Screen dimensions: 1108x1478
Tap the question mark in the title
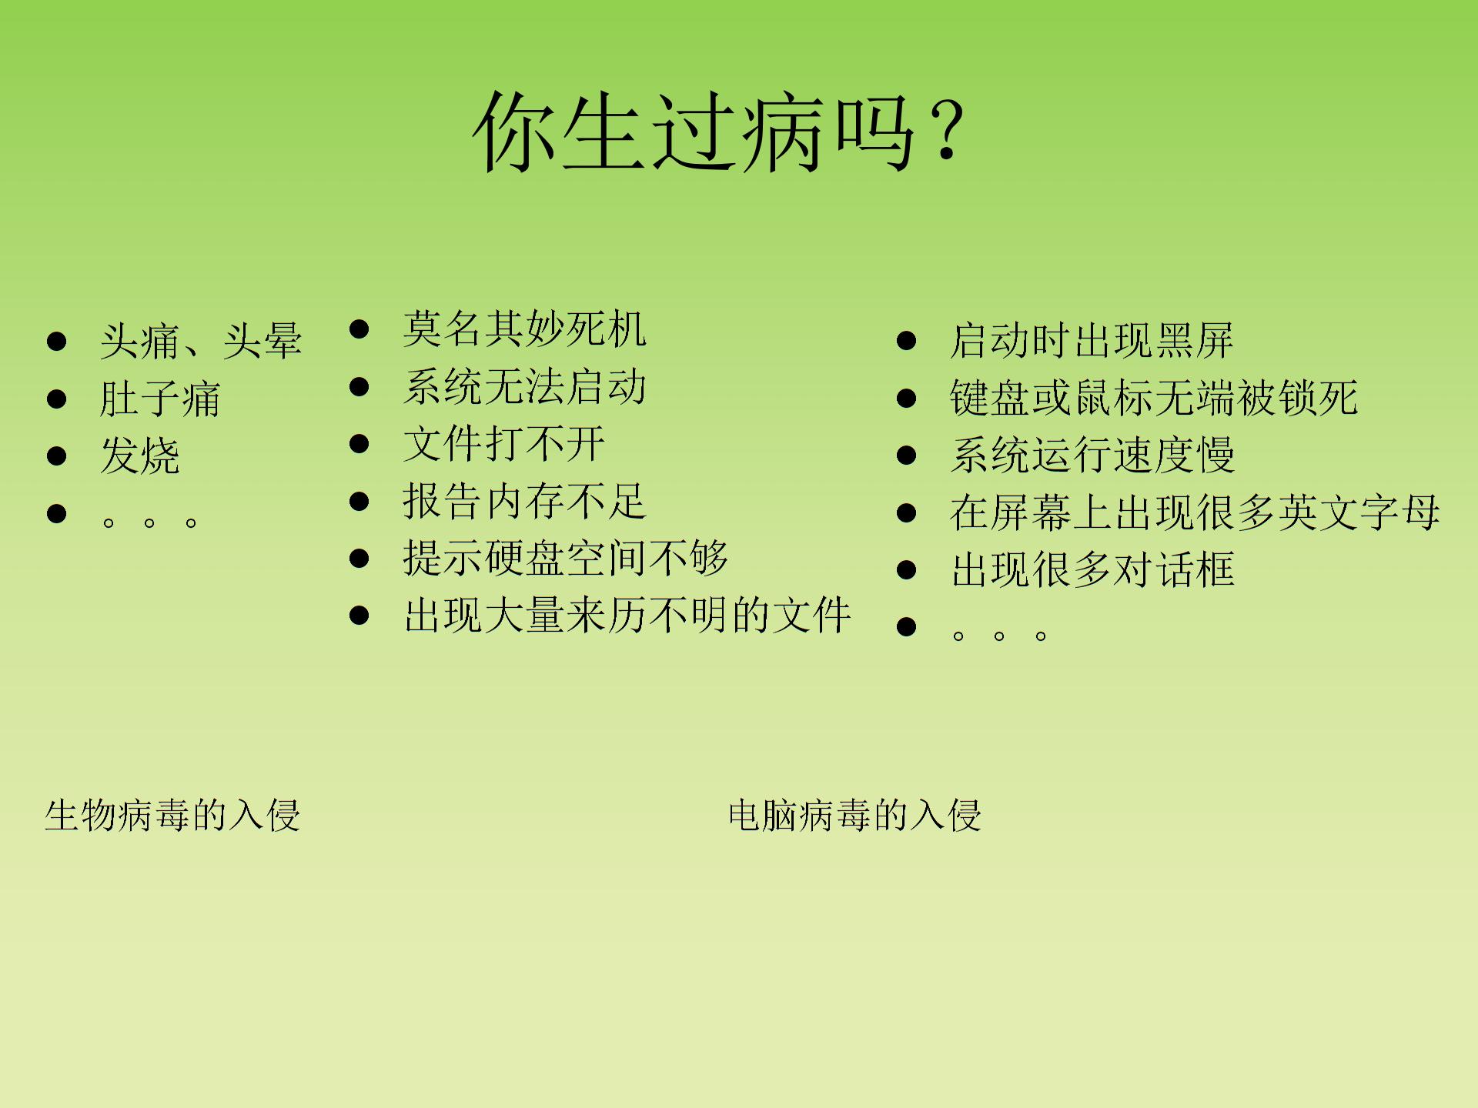point(946,131)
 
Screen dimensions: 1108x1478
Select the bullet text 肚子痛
point(160,399)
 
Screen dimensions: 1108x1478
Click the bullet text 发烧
point(140,456)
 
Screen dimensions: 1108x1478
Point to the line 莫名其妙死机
point(524,329)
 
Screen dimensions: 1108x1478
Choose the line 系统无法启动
point(524,386)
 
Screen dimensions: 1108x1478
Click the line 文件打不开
point(504,444)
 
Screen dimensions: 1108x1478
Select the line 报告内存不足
point(524,502)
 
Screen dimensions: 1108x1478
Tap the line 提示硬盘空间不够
point(565,558)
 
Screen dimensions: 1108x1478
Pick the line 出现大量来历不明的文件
point(627,616)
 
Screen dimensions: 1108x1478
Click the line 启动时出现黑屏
point(1092,341)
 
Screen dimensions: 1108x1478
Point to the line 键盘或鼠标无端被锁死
point(1154,399)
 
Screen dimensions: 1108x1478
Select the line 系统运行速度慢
point(1092,456)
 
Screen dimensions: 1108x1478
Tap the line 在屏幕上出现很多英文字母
point(1195,512)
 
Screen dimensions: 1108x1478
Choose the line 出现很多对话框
point(1092,570)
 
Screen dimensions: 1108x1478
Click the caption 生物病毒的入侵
point(172,816)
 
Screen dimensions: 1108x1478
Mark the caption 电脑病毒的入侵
point(854,816)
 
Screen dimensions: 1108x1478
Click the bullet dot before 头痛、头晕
point(56,342)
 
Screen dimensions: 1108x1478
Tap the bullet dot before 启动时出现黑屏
point(907,341)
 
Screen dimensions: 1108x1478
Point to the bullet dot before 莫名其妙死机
point(359,329)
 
